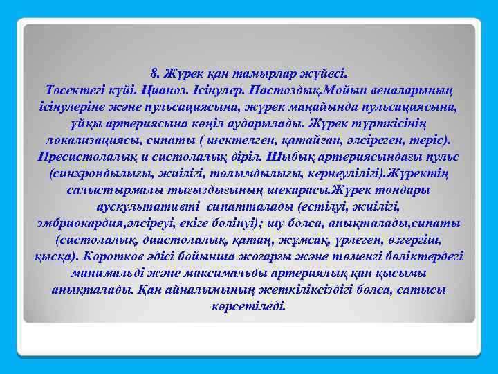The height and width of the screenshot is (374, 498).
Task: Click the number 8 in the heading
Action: coord(153,71)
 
